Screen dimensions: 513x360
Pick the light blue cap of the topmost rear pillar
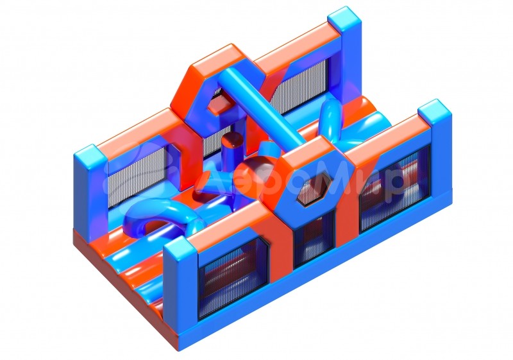(344, 20)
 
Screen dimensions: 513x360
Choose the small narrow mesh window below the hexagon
(314, 239)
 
